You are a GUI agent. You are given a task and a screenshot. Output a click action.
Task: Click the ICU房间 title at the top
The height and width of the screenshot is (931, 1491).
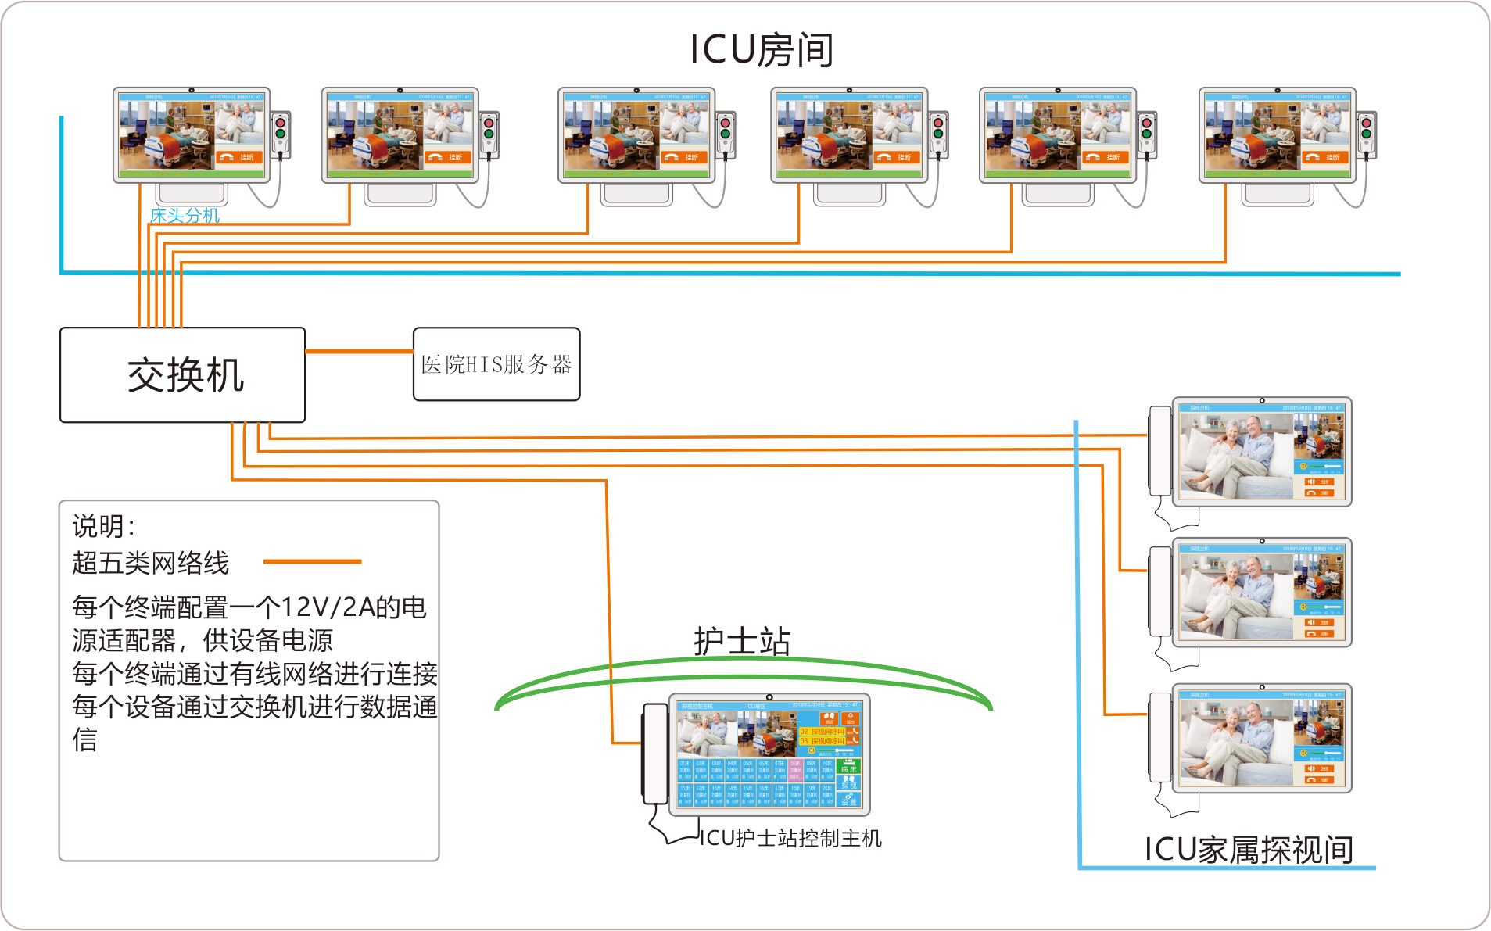tap(762, 50)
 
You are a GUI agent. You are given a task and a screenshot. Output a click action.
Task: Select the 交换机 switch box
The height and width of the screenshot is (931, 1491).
tap(183, 375)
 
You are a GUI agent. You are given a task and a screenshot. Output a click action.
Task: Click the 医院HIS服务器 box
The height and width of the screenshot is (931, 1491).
tap(496, 364)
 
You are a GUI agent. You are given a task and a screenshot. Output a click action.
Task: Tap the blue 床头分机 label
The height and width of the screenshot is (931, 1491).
tap(185, 216)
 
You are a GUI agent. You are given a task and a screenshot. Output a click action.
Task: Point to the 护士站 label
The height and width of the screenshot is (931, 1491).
tap(741, 642)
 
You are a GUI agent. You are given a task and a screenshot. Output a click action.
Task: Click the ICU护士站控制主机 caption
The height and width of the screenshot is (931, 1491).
tap(790, 838)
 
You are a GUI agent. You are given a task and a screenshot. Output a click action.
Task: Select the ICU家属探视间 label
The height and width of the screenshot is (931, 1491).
tap(1249, 850)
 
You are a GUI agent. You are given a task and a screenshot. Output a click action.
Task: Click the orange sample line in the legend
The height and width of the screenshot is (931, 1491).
tap(312, 561)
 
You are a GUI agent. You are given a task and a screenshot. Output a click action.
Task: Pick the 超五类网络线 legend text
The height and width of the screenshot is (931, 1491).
tap(151, 563)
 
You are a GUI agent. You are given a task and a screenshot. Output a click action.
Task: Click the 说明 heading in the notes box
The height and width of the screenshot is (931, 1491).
tap(103, 527)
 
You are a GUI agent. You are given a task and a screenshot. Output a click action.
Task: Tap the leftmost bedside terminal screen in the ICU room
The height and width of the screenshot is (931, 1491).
tap(192, 134)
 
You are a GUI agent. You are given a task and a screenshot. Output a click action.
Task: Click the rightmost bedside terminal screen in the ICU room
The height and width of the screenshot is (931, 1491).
tap(1277, 134)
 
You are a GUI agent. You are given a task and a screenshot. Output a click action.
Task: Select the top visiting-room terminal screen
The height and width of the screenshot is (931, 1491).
tap(1261, 452)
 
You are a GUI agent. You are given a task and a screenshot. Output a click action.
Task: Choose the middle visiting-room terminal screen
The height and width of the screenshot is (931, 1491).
tap(1261, 593)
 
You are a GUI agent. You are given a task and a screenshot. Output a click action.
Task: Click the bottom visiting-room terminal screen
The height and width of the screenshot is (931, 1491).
tap(1261, 739)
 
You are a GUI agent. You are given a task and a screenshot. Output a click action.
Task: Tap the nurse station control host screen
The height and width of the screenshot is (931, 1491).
tap(769, 754)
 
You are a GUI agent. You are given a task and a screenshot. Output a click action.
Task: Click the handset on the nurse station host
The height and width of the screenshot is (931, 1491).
tap(654, 754)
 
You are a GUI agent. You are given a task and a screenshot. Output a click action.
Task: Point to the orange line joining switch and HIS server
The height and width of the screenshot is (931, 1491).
tap(359, 352)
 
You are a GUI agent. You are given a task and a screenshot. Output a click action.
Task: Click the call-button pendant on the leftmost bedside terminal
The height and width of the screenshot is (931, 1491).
tap(281, 134)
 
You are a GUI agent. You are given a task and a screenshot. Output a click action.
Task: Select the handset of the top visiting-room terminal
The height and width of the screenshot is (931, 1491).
tap(1159, 451)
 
